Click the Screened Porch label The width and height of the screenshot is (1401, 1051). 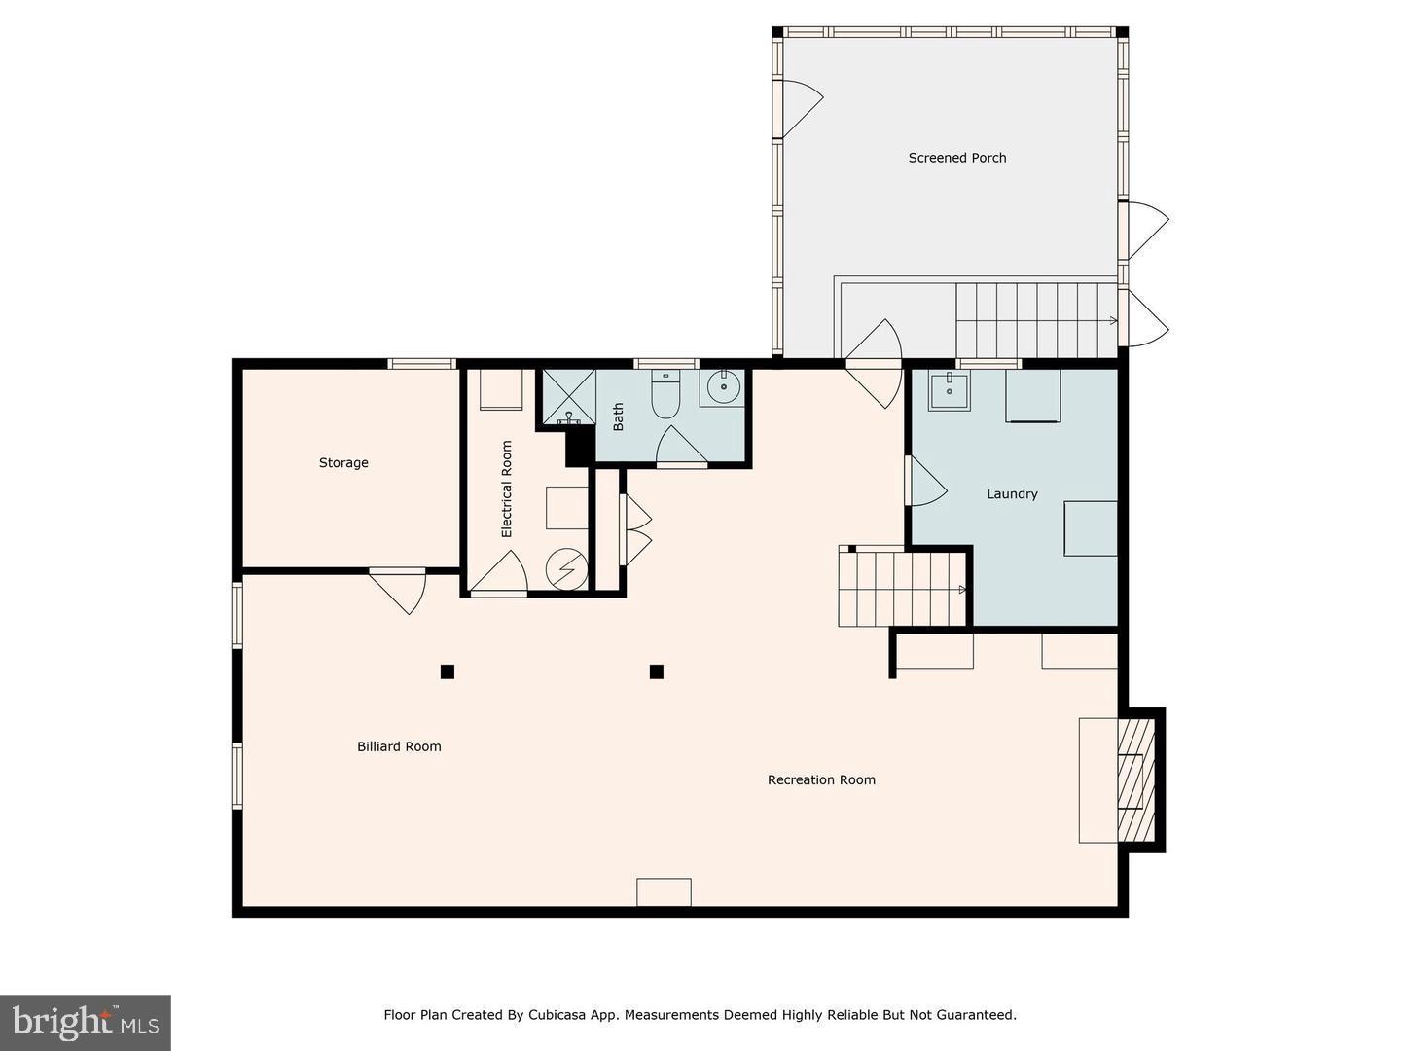tap(957, 158)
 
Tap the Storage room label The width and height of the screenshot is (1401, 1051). tap(343, 463)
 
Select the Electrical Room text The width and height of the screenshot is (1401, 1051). tap(506, 489)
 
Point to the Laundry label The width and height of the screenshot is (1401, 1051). tap(1012, 494)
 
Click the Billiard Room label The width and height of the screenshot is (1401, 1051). tap(399, 747)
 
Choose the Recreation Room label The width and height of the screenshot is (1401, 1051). tap(821, 780)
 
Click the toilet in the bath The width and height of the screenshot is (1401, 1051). tap(665, 397)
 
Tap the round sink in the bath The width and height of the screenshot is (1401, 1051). tap(722, 387)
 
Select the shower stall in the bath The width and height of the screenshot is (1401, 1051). tap(567, 396)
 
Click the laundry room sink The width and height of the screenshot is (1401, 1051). tap(948, 392)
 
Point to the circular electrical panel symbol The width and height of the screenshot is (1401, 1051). tap(566, 569)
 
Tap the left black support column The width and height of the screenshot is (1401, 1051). tap(448, 671)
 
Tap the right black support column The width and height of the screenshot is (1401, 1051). tap(657, 671)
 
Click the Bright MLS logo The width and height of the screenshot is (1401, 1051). tap(86, 1022)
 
